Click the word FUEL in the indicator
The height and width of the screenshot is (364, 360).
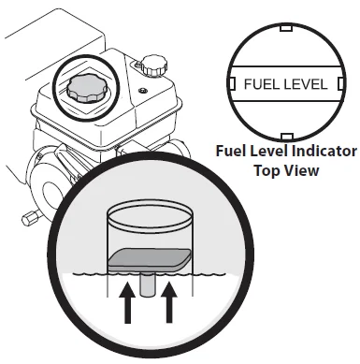coord(257,84)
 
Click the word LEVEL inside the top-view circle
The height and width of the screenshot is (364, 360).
coord(301,84)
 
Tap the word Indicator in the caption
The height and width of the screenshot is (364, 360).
coord(324,152)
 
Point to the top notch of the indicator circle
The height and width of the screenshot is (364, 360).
coord(286,28)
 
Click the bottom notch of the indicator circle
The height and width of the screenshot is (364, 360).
coord(287,136)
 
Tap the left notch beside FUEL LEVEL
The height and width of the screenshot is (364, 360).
coord(232,83)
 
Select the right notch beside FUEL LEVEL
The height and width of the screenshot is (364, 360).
coord(340,83)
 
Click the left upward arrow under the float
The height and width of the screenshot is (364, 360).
coord(127,302)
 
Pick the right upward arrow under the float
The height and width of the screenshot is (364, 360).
coord(169,302)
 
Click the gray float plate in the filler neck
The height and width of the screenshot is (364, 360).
coord(150,259)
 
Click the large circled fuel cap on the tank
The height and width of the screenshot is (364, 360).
coord(86,88)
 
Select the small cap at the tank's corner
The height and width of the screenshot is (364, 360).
coord(154,66)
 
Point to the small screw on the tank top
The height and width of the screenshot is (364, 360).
coord(143,91)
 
